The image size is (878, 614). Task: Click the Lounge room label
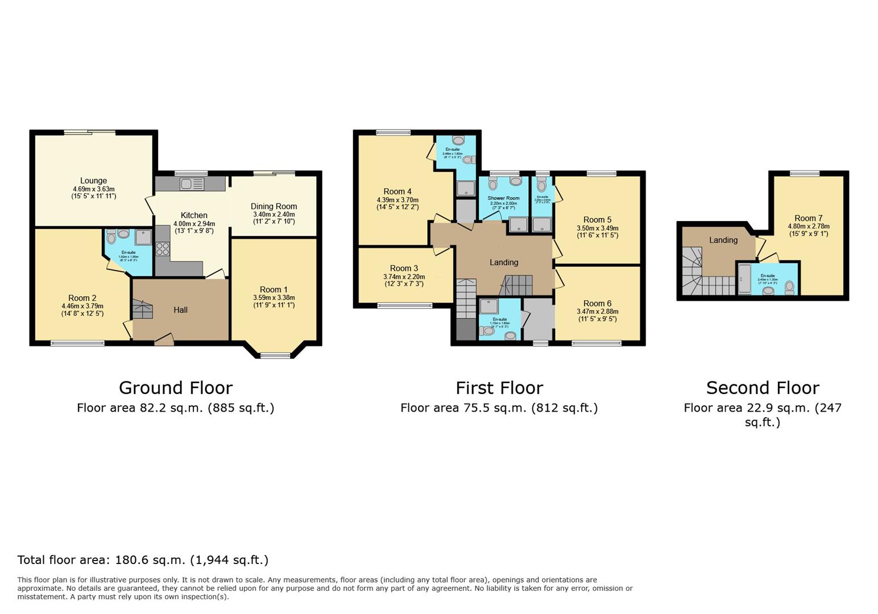pos(93,181)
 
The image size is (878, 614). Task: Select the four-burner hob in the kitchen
pos(163,249)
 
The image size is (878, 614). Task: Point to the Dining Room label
pos(274,206)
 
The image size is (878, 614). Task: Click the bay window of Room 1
pos(275,356)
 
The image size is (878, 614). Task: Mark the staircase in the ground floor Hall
pos(143,310)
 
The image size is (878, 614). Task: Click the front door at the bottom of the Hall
pos(164,341)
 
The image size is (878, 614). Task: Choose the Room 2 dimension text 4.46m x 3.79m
pos(82,306)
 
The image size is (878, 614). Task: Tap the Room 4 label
pos(397,192)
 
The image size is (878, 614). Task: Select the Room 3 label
pos(404,268)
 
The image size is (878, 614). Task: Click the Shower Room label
pos(503,198)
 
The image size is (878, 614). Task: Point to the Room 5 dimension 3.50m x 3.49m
pos(597,228)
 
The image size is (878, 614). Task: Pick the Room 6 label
pos(597,304)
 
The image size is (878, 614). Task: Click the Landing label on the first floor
pos(504,262)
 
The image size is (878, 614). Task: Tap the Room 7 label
pos(808,218)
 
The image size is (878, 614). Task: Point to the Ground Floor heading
pos(176,388)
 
